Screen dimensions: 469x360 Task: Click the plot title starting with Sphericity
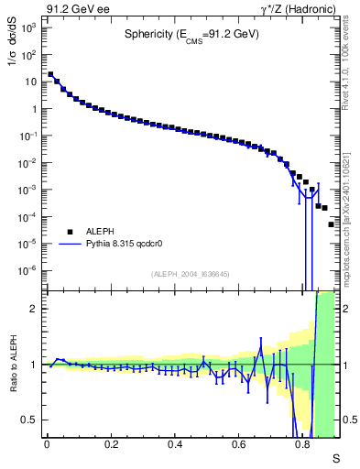192,35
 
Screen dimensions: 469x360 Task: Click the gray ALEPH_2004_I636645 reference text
191,274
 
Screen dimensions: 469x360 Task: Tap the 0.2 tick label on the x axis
111,444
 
